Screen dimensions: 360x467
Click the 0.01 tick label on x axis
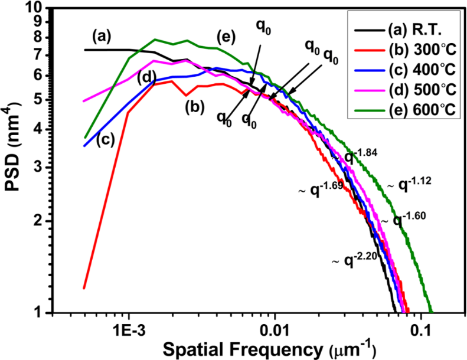[274, 326]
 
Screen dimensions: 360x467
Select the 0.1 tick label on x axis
[421, 326]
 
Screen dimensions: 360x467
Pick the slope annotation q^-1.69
[319, 190]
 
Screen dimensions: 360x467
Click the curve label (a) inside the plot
[102, 37]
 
